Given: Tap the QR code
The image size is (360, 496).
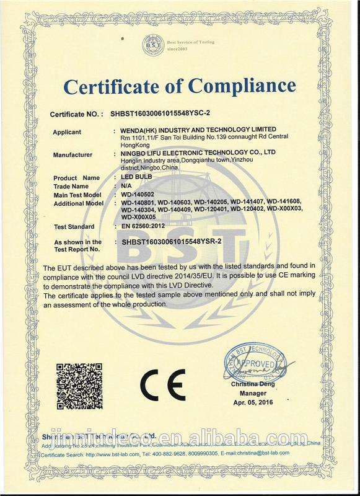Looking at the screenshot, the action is click(79, 384).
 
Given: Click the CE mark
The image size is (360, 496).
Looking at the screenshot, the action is click(162, 385).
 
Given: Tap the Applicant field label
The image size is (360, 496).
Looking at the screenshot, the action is click(67, 132).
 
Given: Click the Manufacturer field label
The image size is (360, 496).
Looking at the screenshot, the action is click(72, 154).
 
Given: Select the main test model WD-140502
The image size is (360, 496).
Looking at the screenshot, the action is click(140, 194).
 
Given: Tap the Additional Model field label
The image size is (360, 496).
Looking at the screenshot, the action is click(77, 203).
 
